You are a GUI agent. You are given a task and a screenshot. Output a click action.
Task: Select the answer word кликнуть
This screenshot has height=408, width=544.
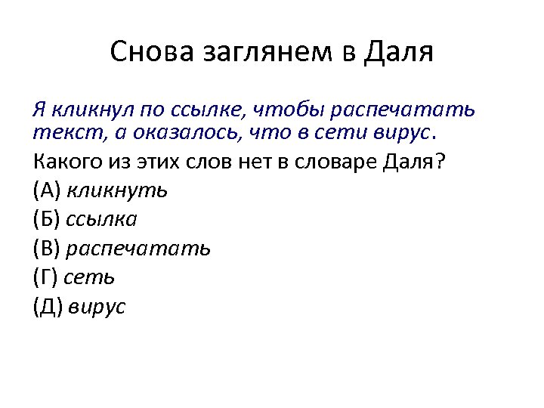[x=117, y=190]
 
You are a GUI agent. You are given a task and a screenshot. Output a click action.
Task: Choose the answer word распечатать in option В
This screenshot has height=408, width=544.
[x=139, y=249]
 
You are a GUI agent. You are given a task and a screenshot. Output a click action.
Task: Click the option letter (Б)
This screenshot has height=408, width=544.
[x=48, y=219]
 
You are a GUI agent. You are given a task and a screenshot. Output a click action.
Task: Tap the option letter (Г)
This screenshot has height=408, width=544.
[x=47, y=277]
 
